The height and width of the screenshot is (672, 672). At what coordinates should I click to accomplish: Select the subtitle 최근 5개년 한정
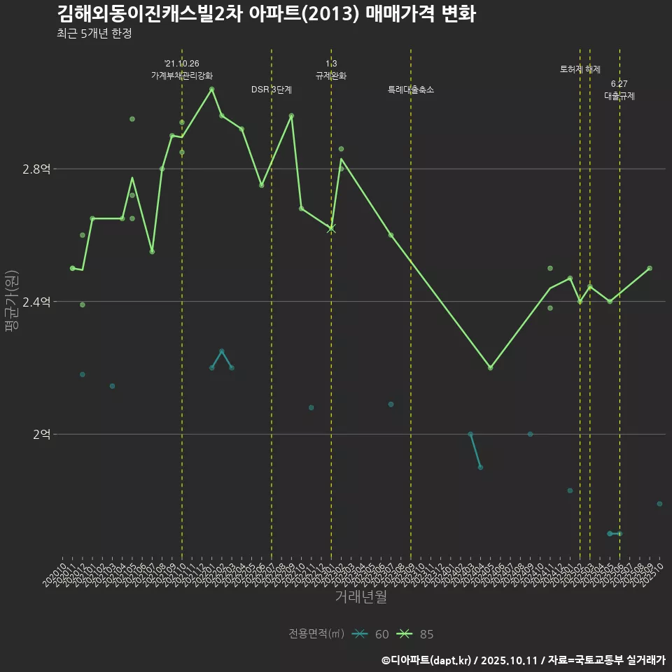pos(94,34)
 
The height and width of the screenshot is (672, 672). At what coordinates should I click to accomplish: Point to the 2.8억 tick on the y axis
pos(36,169)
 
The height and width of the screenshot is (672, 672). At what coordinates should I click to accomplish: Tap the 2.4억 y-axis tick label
pos(36,302)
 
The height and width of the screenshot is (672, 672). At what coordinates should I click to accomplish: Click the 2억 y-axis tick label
pos(41,434)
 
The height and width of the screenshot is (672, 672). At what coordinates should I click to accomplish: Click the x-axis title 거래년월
pos(360,597)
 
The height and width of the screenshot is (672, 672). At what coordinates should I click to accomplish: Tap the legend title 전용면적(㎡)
pos(316,634)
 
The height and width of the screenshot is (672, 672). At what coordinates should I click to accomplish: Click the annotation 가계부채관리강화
pos(182,76)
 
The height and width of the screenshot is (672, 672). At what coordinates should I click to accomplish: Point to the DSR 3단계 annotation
pos(272,90)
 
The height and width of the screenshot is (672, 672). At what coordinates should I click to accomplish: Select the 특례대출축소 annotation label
pos(411,90)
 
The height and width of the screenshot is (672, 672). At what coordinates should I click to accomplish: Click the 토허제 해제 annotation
pos(580,69)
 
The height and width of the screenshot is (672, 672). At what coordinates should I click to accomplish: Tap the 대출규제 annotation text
pos(619,96)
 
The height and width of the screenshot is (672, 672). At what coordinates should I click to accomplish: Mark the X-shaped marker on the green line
pos(331,228)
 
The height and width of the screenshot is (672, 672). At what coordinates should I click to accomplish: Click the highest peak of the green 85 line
pos(211,89)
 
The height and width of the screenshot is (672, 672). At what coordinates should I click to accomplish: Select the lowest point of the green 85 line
pos(490,367)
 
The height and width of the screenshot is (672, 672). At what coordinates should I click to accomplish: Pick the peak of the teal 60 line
pos(221,351)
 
